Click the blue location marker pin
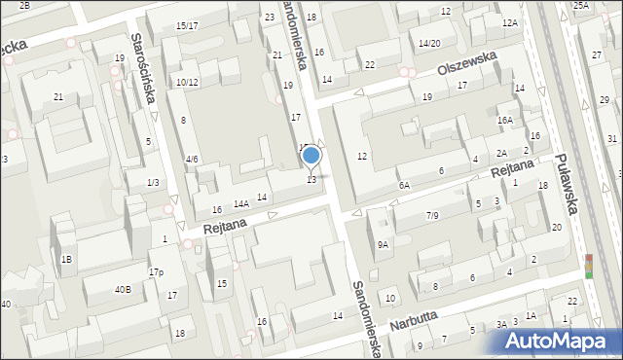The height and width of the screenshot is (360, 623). (x=311, y=157)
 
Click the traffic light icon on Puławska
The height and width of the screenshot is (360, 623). (x=587, y=266)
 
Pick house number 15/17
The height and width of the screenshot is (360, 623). (x=187, y=25)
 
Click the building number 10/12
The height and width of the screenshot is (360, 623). (x=187, y=83)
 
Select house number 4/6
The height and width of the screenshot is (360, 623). (x=192, y=159)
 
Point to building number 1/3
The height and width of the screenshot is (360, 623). (x=153, y=183)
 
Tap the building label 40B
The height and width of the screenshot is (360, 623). (x=123, y=289)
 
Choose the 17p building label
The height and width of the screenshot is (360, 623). (x=156, y=272)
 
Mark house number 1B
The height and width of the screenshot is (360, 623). (x=66, y=259)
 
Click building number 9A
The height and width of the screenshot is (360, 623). (x=384, y=245)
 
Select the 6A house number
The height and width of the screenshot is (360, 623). (x=403, y=185)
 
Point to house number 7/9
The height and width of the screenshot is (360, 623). (x=432, y=215)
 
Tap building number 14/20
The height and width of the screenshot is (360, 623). (x=429, y=44)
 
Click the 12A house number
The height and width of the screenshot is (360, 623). (x=509, y=22)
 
